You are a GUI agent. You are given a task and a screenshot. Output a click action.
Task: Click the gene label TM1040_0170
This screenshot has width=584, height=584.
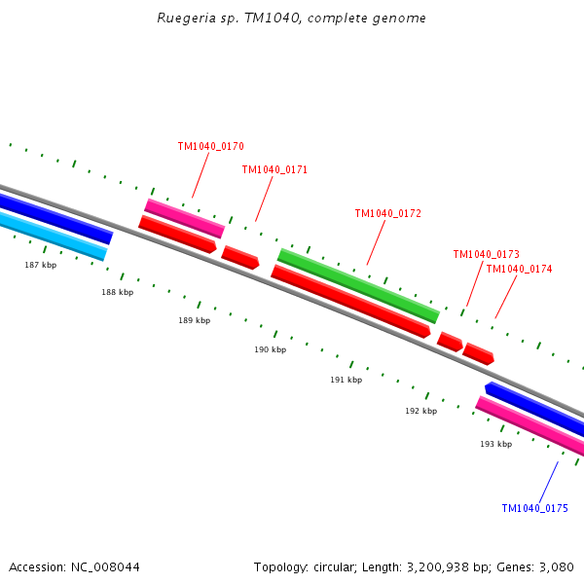coord(210,147)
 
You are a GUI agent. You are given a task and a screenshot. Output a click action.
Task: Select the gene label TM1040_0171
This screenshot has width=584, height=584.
coord(274,170)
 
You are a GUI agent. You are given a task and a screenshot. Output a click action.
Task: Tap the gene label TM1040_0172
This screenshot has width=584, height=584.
coord(387,214)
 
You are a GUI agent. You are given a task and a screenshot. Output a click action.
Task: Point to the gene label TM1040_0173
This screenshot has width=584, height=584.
coord(486,255)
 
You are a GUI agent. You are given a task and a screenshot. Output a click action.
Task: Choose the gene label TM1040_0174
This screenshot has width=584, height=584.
coord(519,270)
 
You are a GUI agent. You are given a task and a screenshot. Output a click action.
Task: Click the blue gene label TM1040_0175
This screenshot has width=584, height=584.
coord(534,509)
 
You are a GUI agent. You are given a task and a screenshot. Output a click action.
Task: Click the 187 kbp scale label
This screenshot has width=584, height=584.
coord(41,265)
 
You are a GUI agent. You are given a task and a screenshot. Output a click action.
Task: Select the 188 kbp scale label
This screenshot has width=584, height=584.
coord(118,292)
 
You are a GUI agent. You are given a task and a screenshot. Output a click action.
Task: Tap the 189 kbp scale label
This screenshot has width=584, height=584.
coord(194,320)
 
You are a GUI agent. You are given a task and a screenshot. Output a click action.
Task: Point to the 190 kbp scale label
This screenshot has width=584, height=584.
coord(271,349)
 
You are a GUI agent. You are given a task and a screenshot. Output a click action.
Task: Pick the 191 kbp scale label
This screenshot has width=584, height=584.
coord(346,380)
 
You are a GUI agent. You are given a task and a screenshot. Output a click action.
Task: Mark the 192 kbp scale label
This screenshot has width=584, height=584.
coord(420,411)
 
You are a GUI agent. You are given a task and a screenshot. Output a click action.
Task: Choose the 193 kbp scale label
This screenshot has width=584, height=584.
coord(495,444)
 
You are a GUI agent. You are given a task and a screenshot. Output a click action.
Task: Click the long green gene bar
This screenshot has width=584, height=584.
coord(358,285)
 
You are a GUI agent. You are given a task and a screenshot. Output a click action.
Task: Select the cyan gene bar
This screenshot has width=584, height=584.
coord(54,237)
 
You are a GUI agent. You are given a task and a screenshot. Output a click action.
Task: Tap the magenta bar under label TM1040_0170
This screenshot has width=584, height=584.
coord(185,218)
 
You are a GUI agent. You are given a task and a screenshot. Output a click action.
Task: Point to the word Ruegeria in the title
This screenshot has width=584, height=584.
coord(186,18)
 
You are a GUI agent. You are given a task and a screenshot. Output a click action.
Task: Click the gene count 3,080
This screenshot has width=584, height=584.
coord(555,566)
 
